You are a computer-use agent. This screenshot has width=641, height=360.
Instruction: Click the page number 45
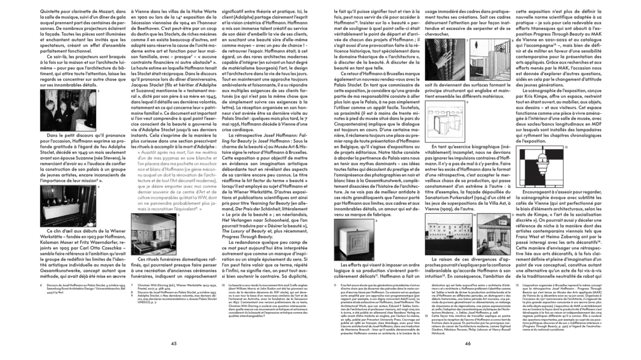click(174, 343)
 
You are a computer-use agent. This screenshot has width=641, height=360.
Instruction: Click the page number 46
click(467, 343)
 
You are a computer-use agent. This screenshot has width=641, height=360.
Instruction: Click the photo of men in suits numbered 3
click(68, 110)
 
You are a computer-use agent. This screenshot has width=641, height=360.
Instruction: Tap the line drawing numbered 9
click(444, 122)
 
